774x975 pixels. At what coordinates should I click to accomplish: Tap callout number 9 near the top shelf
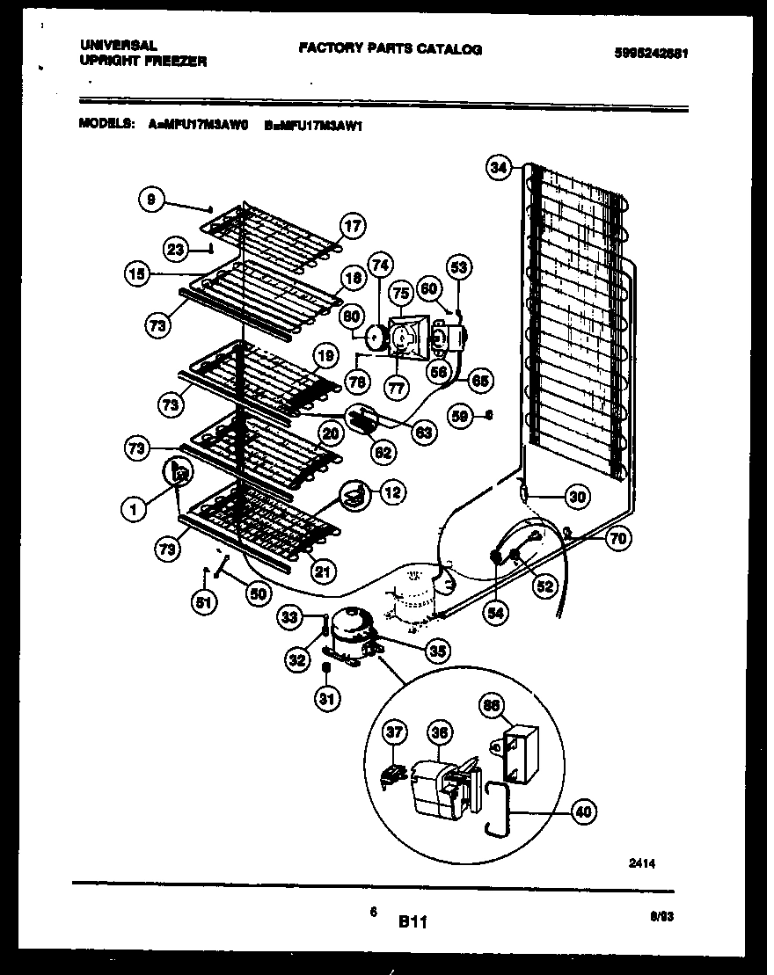(151, 200)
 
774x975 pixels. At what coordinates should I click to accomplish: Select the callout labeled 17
(352, 227)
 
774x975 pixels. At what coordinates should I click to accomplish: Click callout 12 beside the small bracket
(392, 493)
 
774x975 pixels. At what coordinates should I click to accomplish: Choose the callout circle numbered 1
(134, 507)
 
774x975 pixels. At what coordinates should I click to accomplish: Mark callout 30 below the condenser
(577, 497)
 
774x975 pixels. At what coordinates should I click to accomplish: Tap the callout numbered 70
(618, 538)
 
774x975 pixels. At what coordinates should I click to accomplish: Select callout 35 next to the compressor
(435, 650)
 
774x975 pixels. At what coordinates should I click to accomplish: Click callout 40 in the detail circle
(581, 812)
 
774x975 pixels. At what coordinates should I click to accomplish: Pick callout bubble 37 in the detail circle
(396, 731)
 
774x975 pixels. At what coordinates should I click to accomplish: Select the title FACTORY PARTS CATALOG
(390, 49)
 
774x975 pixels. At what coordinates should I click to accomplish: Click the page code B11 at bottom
(413, 922)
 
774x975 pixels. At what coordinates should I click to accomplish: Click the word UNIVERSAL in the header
(119, 44)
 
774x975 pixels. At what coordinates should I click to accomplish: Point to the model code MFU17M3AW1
(318, 126)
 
